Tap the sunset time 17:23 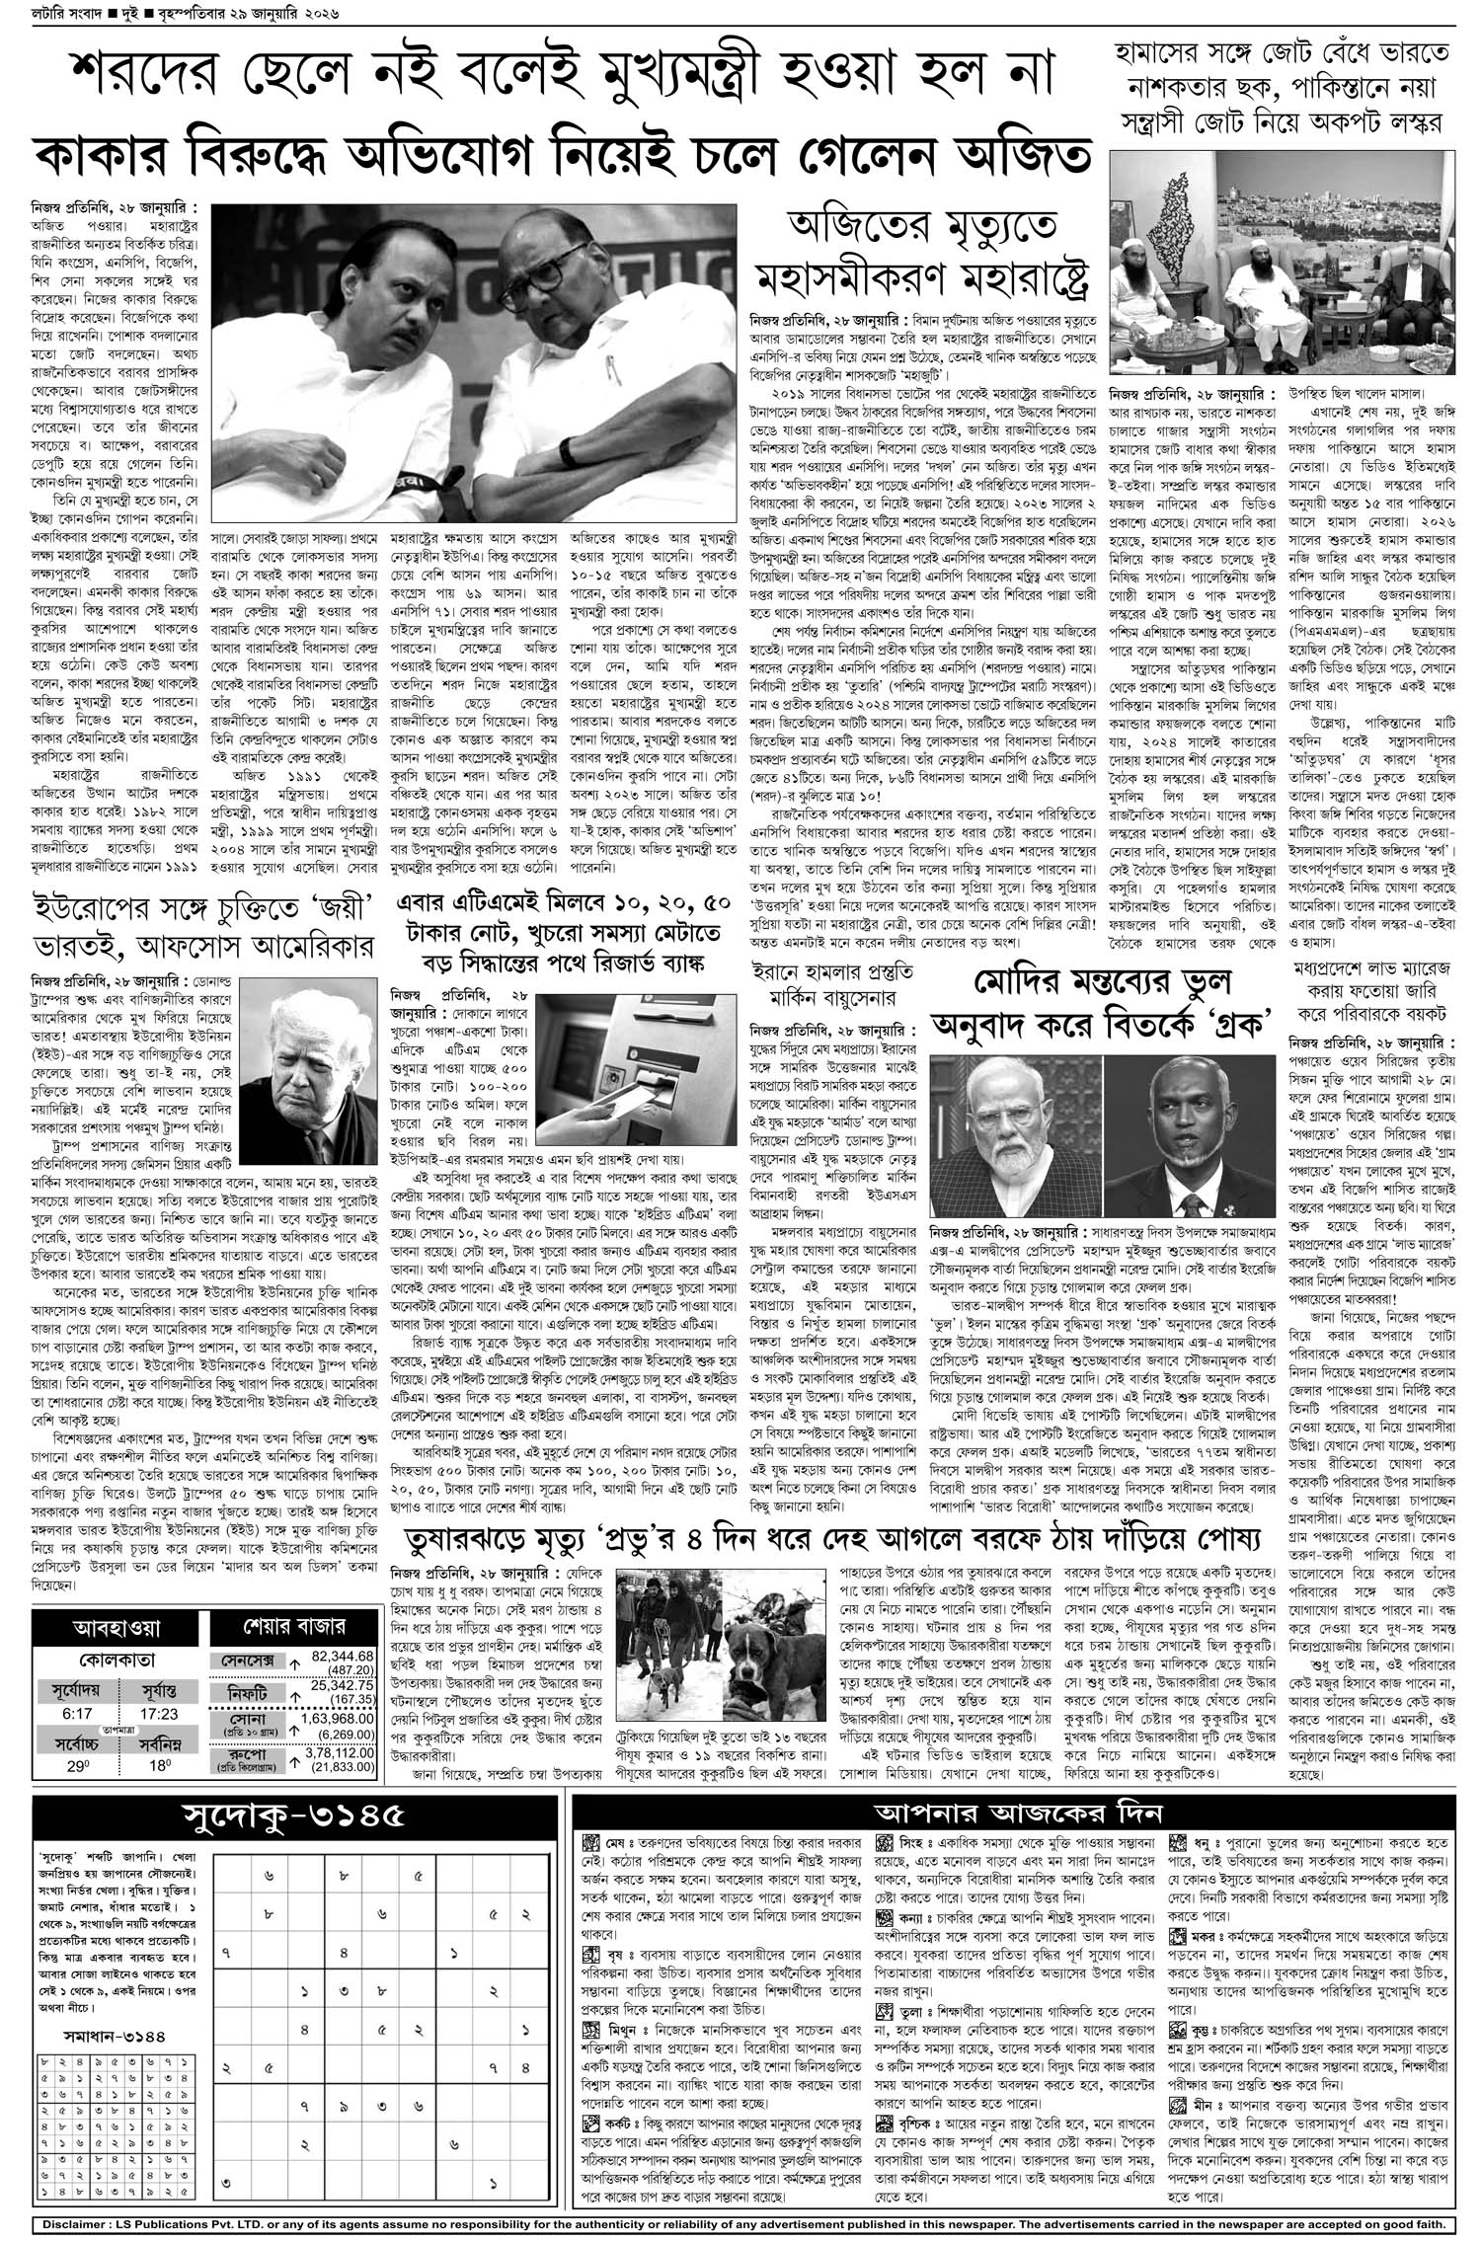158,1713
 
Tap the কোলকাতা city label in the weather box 117,1661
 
